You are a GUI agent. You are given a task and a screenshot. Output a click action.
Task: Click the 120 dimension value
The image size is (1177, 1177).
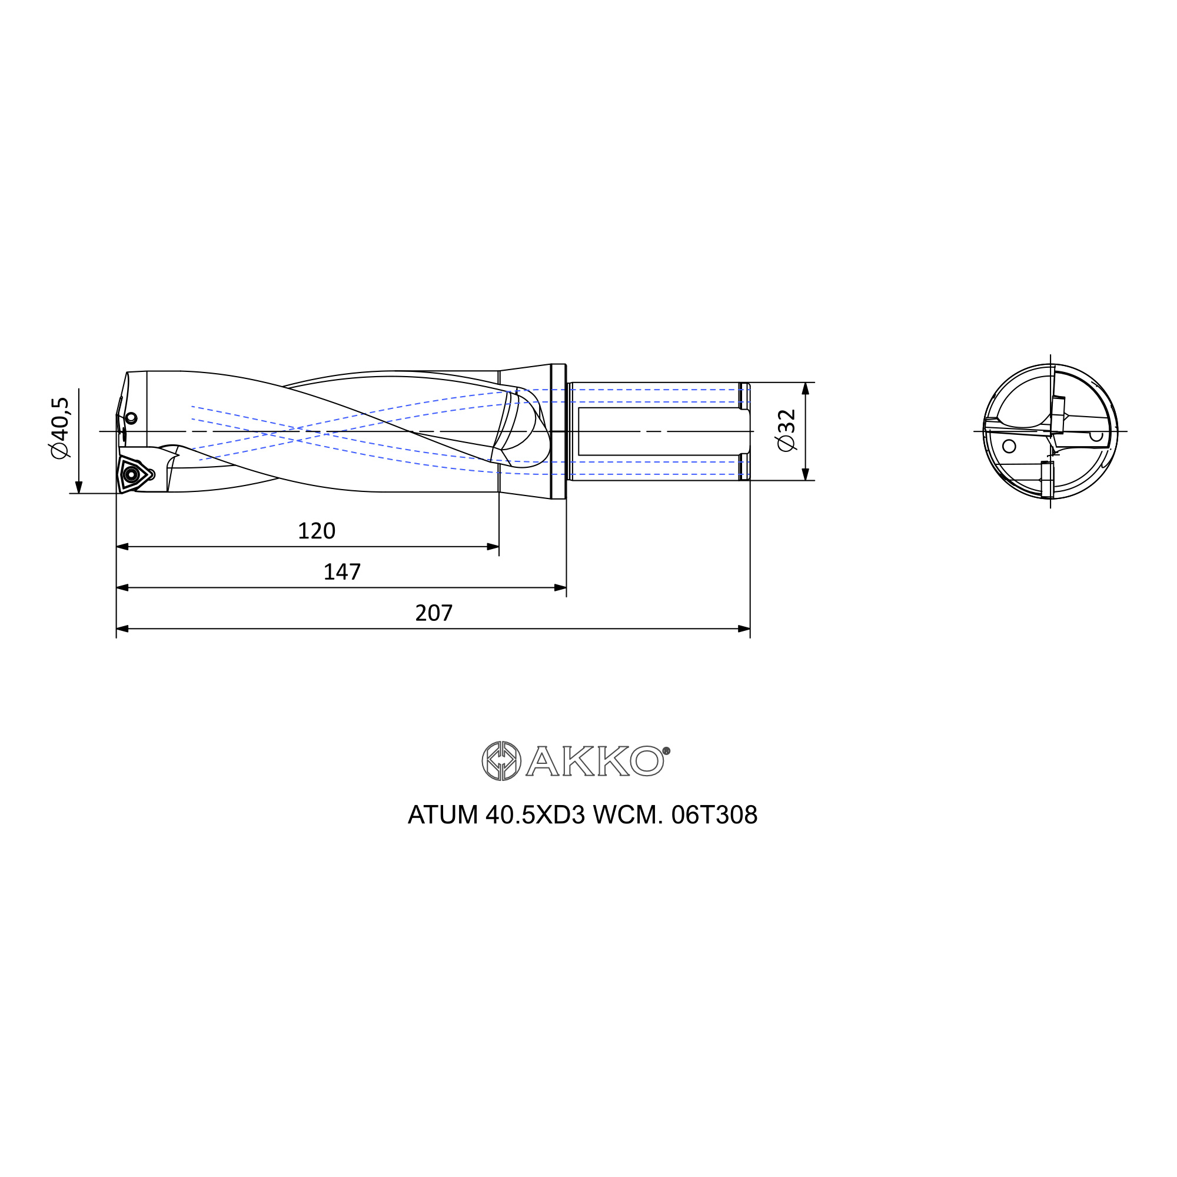316,531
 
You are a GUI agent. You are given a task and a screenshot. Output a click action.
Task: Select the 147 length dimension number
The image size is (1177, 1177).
342,572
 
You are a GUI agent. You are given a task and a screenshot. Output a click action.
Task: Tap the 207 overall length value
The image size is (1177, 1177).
434,613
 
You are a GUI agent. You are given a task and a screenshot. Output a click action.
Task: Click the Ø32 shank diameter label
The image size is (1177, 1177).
786,430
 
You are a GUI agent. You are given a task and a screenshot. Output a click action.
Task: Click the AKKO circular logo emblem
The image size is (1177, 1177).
501,761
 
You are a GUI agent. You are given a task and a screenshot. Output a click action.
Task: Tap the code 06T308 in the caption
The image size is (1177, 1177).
714,815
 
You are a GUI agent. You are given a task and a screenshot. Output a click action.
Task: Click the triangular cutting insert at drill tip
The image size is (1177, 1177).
132,473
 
